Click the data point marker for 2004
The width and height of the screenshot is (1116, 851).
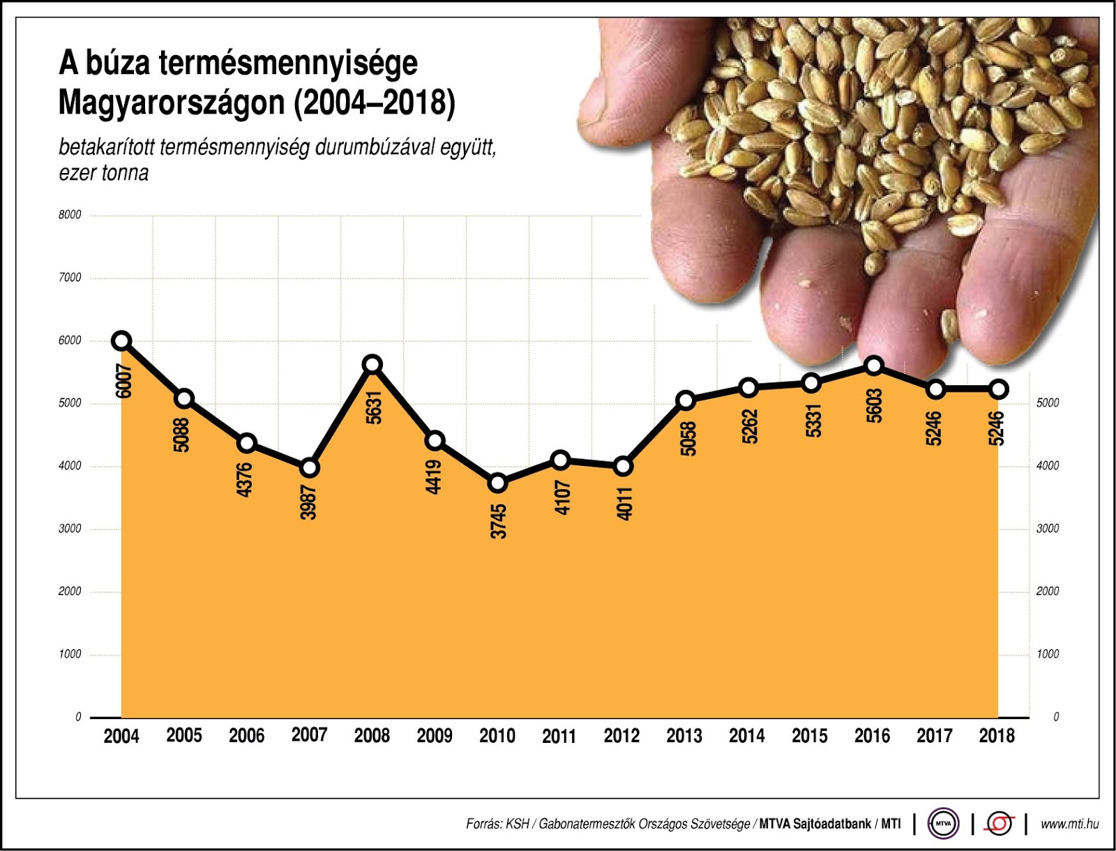pos(121,340)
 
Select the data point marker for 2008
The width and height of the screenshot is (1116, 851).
pos(372,364)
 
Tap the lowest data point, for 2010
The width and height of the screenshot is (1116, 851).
pos(497,483)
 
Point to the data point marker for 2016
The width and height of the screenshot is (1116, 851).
pos(873,366)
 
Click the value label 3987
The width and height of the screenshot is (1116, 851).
pos(309,502)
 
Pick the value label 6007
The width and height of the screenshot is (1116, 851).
pos(123,381)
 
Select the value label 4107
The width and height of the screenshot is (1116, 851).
pos(562,497)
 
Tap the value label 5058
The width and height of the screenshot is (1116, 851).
pos(688,439)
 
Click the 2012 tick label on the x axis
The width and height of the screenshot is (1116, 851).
pos(621,736)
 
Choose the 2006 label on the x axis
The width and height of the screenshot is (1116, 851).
pos(247,736)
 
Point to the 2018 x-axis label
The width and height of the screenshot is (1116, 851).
pos(997,736)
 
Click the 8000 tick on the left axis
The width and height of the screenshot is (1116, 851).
pos(70,215)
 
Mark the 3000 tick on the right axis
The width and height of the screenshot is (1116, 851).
pos(1048,529)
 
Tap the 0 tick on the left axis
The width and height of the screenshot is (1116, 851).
pos(78,717)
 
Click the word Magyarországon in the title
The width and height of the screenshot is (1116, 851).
pos(172,103)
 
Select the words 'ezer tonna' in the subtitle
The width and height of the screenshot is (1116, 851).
pos(104,173)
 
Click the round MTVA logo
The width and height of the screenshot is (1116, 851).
pos(943,824)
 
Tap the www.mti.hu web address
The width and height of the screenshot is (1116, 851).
pos(1069,824)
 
